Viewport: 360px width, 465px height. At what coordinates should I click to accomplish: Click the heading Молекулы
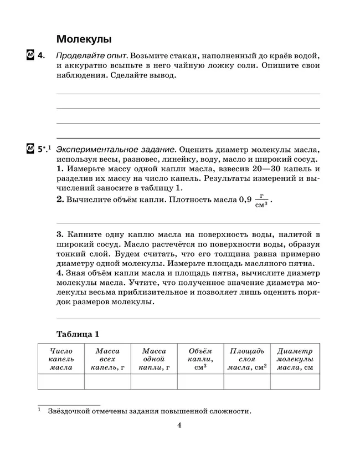coord(84,39)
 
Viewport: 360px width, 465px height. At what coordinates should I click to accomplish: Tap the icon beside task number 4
coord(30,55)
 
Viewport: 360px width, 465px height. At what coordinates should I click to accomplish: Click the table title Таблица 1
coord(78,334)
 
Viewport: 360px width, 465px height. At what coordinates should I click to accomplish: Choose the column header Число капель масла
coord(61,359)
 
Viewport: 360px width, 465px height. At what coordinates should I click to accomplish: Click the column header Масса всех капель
coord(107,359)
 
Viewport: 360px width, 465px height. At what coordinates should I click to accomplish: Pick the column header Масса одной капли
coord(154,359)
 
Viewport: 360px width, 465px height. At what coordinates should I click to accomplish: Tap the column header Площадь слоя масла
coord(247,359)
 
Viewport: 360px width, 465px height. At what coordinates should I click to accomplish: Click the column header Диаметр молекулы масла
coord(295,359)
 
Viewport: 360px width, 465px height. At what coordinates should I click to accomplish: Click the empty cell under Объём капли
coord(200,382)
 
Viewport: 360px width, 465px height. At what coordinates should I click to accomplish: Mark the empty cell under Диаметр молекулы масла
coord(295,382)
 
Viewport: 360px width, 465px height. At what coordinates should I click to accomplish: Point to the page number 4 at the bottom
coord(179,425)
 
